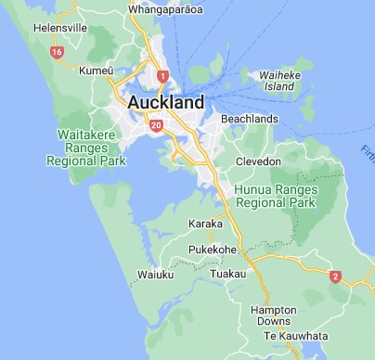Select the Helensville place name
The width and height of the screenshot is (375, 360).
tap(32, 28)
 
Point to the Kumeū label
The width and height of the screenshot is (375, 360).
tap(96, 71)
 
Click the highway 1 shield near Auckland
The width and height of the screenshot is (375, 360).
tap(163, 75)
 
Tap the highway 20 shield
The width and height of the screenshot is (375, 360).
tap(155, 123)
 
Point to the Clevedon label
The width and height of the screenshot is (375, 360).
tap(257, 161)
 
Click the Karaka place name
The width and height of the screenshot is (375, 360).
tap(205, 224)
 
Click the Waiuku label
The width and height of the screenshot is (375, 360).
tap(156, 276)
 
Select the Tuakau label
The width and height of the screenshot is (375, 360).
tap(228, 274)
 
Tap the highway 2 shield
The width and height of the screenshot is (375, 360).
tap(336, 276)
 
